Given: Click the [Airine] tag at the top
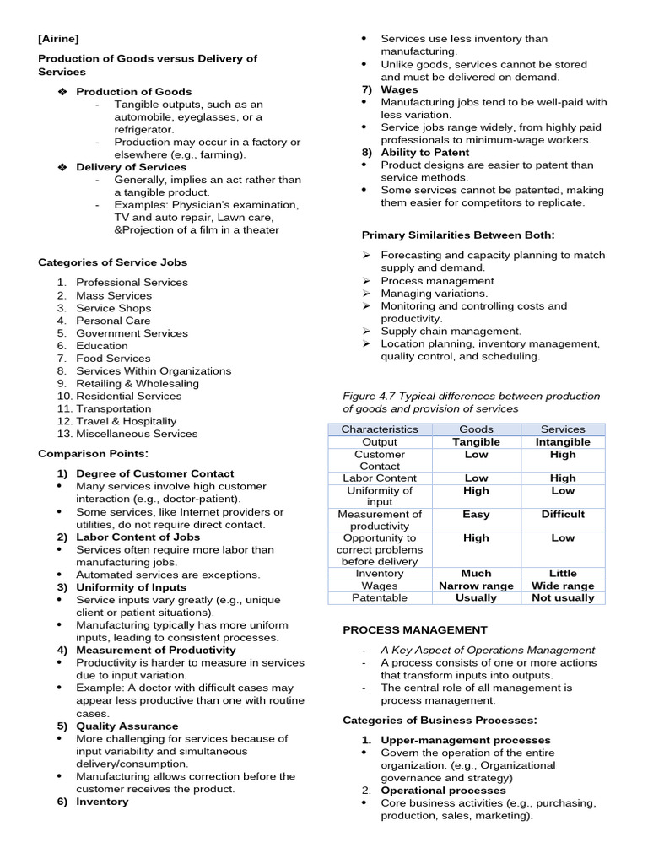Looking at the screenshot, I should point(58,39).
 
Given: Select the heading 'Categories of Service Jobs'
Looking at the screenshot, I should point(112,262).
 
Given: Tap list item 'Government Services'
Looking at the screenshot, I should point(132,333).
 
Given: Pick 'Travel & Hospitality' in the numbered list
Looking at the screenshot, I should point(126,421).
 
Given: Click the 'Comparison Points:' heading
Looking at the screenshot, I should point(93,454).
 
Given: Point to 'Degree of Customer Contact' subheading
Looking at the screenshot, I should point(154,474).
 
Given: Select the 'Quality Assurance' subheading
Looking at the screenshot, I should point(127,726).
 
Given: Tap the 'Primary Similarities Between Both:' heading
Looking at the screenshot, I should point(458,235).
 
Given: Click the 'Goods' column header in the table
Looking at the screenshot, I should point(476,429).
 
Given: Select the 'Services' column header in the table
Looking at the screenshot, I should point(563,429).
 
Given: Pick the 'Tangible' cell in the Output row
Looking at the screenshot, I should point(476,442).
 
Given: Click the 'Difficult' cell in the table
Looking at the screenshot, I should point(563,515).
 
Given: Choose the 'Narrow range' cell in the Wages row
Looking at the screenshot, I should point(476,586).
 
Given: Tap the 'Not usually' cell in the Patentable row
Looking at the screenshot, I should point(563,598).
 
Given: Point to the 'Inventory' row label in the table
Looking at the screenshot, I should point(379,574).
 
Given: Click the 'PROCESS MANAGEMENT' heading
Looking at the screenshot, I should point(414,630).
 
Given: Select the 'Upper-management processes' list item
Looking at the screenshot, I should point(453,740).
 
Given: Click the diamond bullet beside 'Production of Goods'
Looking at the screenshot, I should point(62,92).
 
